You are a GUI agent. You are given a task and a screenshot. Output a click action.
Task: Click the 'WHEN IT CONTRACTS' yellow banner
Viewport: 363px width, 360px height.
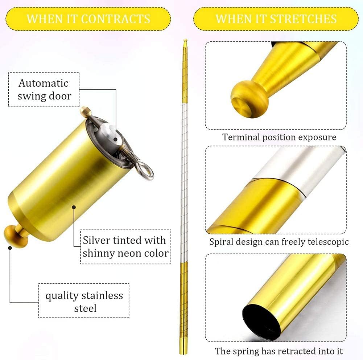88,19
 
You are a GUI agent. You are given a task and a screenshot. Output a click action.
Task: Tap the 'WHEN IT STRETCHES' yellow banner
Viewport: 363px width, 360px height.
276,19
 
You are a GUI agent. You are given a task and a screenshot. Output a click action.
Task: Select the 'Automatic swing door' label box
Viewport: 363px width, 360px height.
44,90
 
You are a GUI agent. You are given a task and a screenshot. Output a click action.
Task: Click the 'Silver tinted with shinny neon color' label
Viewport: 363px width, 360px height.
125,246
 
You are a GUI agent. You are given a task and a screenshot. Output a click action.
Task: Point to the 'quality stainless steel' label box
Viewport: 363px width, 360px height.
84,302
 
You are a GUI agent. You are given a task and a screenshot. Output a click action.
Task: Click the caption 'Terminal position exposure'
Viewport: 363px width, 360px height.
279,137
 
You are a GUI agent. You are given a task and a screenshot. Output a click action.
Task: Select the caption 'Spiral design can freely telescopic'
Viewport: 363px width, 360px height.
279,242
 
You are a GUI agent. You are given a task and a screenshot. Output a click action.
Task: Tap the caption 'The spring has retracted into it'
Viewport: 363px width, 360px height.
279,351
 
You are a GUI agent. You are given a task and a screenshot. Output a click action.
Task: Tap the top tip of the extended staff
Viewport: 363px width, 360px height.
185,41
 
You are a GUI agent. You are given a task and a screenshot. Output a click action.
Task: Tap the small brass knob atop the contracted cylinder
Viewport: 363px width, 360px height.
84,110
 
